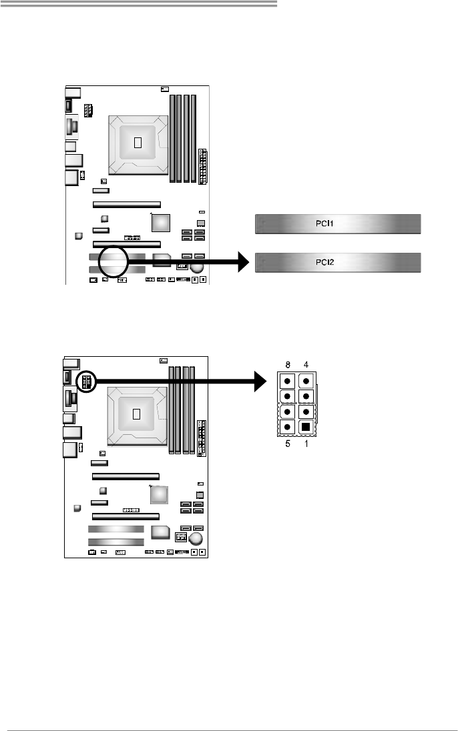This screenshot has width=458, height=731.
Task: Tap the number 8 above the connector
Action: (x=286, y=365)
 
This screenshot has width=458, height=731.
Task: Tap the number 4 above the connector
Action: (x=306, y=365)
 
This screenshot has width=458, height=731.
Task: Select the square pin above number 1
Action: (x=306, y=426)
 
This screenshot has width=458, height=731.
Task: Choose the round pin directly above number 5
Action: (x=286, y=426)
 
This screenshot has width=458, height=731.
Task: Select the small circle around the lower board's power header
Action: (x=87, y=382)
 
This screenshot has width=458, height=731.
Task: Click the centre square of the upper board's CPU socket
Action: (x=138, y=142)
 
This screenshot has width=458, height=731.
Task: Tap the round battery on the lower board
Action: (x=198, y=537)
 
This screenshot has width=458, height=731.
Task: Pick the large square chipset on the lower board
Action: (x=159, y=494)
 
